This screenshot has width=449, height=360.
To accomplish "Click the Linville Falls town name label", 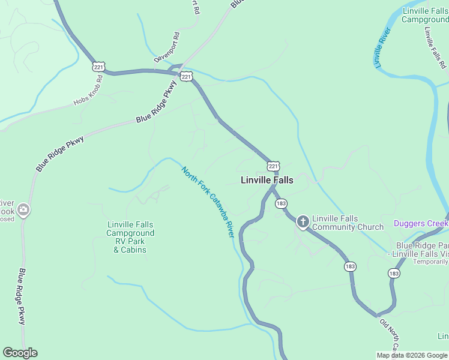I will pos(267,180).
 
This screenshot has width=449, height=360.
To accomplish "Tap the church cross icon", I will pos(303,222).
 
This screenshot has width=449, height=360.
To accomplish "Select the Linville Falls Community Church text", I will pos(348,223).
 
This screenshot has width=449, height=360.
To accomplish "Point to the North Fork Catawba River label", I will pos(208,202).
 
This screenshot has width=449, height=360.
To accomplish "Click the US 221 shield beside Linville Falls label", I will pos(273,166).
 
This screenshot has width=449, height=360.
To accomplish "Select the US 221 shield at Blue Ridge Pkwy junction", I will pos(186,77).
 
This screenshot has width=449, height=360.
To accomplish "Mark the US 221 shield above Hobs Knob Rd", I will pos(98,67).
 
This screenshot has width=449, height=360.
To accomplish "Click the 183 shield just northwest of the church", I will pos(281,204).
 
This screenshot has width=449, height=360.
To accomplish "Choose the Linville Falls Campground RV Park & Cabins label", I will pos(130,237).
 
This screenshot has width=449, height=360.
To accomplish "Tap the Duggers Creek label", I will pos(421,224).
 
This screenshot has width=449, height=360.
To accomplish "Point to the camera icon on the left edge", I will pos(23,209).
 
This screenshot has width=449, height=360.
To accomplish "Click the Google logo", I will pos(20,353).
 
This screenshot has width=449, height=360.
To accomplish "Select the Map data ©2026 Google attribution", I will pos(412,355).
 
